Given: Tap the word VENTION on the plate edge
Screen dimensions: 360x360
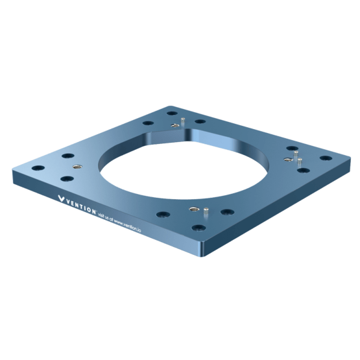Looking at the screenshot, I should [x=81, y=204].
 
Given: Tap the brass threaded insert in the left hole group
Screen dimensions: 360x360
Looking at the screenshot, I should [x=78, y=167].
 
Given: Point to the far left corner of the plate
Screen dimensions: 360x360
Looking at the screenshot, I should [x=14, y=174].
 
